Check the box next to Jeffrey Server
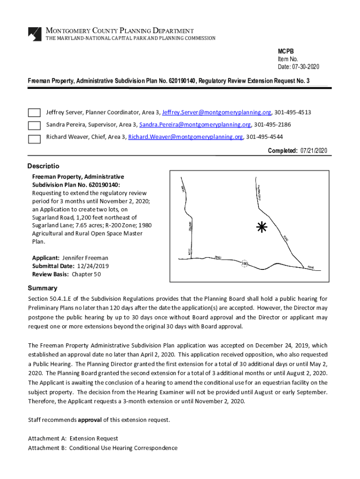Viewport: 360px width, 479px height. pos(34,113)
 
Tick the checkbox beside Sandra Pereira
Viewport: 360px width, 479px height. pos(34,125)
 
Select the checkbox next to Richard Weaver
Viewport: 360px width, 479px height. pos(34,138)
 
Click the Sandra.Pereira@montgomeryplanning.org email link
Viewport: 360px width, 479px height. pos(195,125)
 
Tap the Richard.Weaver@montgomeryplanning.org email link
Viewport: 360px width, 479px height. pos(186,137)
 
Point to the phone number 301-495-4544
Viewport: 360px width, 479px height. pos(264,137)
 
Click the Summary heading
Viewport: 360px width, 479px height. pos(43,288)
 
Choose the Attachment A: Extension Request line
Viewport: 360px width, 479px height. pos(73,439)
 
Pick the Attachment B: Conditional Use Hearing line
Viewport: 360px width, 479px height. pos(102,448)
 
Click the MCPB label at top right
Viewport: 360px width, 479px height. pos(286,51)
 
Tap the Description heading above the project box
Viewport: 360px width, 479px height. pos(43,166)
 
